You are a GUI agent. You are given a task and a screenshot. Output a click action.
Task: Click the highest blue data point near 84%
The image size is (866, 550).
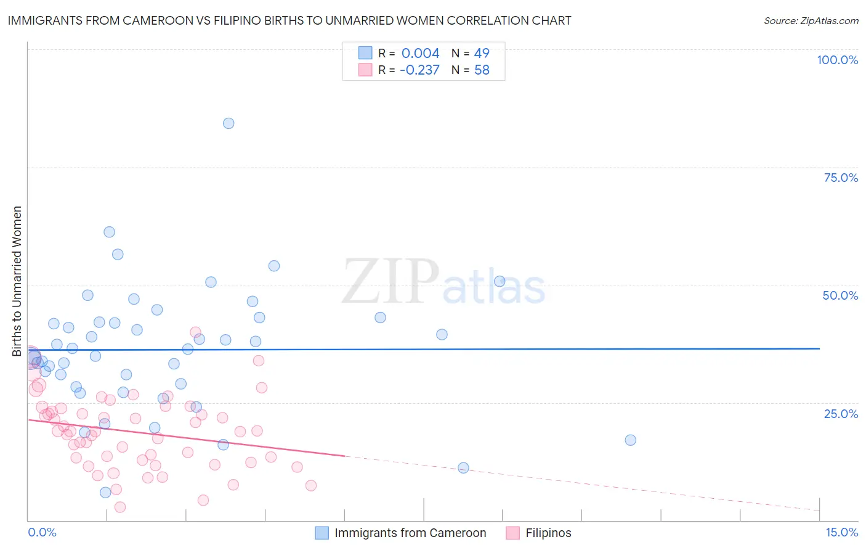pyautogui.click(x=229, y=123)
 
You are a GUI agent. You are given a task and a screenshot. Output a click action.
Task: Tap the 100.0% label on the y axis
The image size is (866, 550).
pyautogui.click(x=837, y=60)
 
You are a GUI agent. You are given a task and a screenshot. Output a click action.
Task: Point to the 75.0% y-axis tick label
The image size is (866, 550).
pyautogui.click(x=841, y=178)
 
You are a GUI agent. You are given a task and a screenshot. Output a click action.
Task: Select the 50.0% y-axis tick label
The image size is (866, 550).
pyautogui.click(x=840, y=295)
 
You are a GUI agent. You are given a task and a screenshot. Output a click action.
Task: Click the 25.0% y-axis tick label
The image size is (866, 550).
pyautogui.click(x=841, y=414)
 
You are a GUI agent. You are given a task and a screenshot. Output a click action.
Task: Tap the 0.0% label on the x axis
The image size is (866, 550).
pyautogui.click(x=42, y=532)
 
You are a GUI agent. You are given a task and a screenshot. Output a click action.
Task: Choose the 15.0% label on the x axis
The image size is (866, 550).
pyautogui.click(x=841, y=532)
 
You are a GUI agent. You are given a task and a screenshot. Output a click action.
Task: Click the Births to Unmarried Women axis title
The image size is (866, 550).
pyautogui.click(x=17, y=281)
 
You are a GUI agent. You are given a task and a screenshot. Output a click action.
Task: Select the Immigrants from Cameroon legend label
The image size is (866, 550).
pyautogui.click(x=410, y=533)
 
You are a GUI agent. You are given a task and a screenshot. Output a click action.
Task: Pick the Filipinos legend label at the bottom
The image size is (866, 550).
pyautogui.click(x=548, y=533)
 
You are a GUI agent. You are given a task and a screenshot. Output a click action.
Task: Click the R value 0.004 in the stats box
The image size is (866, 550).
pyautogui.click(x=420, y=54)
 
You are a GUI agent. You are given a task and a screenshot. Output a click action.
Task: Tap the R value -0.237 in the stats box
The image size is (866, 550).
pyautogui.click(x=419, y=70)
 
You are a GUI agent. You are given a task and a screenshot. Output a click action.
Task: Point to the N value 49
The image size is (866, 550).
pyautogui.click(x=482, y=54)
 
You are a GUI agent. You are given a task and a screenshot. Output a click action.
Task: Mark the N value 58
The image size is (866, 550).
pyautogui.click(x=482, y=70)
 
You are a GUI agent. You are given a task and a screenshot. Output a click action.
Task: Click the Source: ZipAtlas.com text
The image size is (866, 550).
pyautogui.click(x=811, y=21)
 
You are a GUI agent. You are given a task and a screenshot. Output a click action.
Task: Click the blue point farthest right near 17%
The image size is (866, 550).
pyautogui.click(x=630, y=440)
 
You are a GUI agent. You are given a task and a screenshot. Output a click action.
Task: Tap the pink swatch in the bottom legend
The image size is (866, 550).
pyautogui.click(x=512, y=533)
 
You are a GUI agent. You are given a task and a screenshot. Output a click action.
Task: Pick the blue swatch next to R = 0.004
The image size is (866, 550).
pyautogui.click(x=365, y=53)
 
